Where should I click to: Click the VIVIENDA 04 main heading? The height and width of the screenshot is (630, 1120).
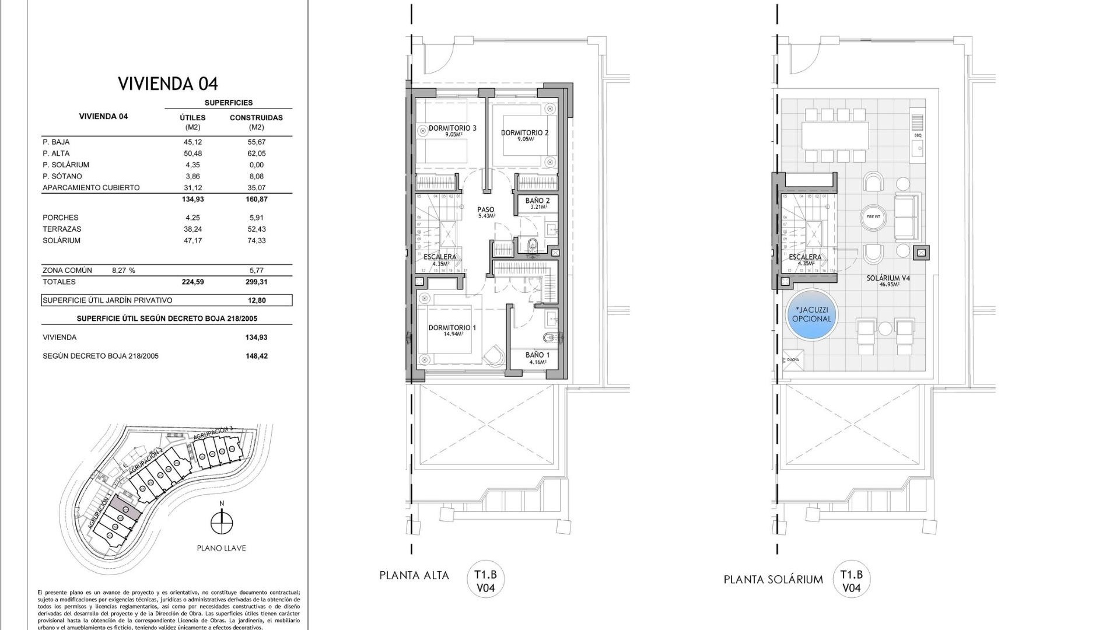[x=168, y=84]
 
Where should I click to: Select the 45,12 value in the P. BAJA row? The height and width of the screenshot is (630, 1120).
[x=193, y=142]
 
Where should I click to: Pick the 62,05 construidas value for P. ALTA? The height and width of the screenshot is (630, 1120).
[x=256, y=153]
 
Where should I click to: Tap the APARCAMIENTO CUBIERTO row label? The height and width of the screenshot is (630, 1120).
[x=91, y=188]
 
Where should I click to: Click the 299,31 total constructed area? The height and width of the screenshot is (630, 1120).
[x=256, y=282]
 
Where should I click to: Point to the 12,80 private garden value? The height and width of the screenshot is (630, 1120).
[x=256, y=300]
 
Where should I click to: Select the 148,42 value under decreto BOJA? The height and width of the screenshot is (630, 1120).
[x=257, y=356]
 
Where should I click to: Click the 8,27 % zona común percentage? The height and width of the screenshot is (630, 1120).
[x=123, y=271]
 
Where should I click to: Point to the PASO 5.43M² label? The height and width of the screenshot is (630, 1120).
[x=485, y=212]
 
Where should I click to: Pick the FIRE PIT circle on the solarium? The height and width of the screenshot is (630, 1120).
[x=873, y=217]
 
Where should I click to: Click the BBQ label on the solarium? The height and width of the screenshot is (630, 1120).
[x=918, y=135]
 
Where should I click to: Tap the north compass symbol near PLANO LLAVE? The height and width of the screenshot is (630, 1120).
[x=221, y=522]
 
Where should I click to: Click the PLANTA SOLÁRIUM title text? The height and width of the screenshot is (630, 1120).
[x=773, y=580]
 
